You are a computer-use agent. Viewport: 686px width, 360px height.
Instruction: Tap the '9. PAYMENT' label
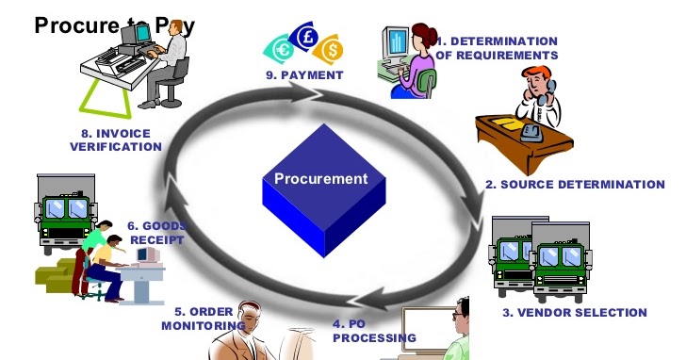point(304,74)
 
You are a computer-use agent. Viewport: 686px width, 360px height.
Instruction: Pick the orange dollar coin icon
point(331,48)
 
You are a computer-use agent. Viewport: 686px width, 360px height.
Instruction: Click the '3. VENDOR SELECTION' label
point(587,313)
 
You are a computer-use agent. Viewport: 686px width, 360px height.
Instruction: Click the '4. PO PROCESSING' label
point(374,331)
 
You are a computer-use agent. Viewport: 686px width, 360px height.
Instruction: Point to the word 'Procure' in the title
point(73,25)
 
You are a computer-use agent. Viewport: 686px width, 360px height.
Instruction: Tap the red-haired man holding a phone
point(533,90)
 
